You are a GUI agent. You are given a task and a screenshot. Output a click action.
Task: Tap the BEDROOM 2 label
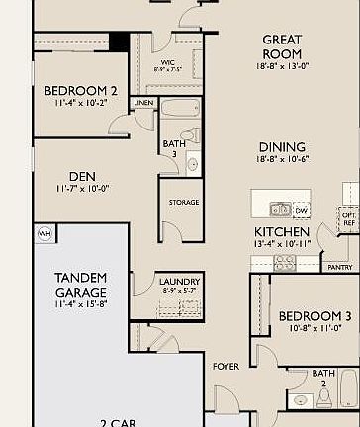(81, 91)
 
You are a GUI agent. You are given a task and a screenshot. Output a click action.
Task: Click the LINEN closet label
(143, 103)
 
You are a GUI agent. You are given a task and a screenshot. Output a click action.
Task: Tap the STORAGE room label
(183, 202)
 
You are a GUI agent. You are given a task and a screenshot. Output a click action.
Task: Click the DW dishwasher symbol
(302, 209)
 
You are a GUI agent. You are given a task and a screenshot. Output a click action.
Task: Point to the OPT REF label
(349, 218)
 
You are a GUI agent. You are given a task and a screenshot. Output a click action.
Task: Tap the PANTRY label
(339, 267)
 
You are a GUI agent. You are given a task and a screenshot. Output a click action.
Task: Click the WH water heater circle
(44, 233)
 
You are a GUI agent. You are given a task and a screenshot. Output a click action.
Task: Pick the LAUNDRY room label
(179, 282)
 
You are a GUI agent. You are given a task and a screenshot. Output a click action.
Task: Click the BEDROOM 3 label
(315, 316)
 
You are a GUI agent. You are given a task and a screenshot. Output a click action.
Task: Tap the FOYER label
(225, 367)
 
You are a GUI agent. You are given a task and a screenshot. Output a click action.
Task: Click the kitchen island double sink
(280, 209)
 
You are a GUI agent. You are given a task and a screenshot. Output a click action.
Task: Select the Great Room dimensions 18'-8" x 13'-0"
(282, 65)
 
